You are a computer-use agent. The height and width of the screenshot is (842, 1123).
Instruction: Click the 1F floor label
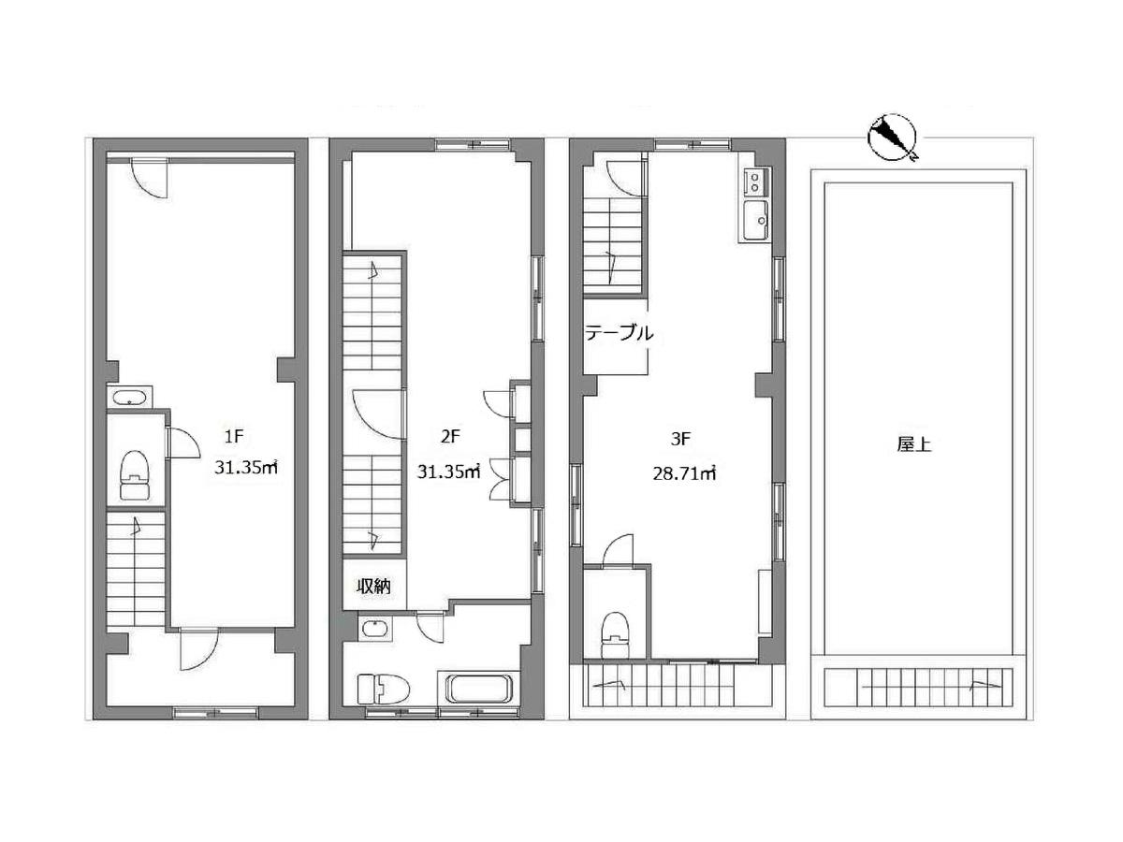(234, 436)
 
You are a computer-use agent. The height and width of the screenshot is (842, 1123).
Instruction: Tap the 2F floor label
(450, 436)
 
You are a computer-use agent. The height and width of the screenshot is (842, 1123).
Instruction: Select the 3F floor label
(680, 439)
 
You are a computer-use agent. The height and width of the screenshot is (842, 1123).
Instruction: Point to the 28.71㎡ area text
(684, 474)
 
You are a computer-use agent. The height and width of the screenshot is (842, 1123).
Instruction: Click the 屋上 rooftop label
(914, 444)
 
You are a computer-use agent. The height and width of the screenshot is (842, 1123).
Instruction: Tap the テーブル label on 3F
(620, 333)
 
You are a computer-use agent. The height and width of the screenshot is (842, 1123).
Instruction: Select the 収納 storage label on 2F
(374, 587)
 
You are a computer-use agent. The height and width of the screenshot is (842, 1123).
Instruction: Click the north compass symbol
(892, 138)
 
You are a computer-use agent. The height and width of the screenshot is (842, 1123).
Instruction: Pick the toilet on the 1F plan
(135, 474)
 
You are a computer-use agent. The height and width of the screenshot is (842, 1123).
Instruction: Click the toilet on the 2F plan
(383, 689)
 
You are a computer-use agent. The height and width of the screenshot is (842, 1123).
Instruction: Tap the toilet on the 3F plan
(615, 635)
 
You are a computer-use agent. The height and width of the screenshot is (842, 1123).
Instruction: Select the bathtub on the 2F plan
(479, 689)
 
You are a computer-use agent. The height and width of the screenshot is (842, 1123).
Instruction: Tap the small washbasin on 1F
(130, 398)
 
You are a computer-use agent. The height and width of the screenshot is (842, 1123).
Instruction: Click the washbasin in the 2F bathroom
(376, 628)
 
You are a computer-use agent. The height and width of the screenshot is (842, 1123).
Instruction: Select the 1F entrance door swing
(199, 649)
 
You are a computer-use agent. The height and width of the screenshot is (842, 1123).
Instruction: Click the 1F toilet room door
(183, 443)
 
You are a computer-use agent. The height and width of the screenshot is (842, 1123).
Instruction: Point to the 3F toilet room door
(619, 550)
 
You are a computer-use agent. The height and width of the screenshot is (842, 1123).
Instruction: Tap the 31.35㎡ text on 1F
(246, 467)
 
